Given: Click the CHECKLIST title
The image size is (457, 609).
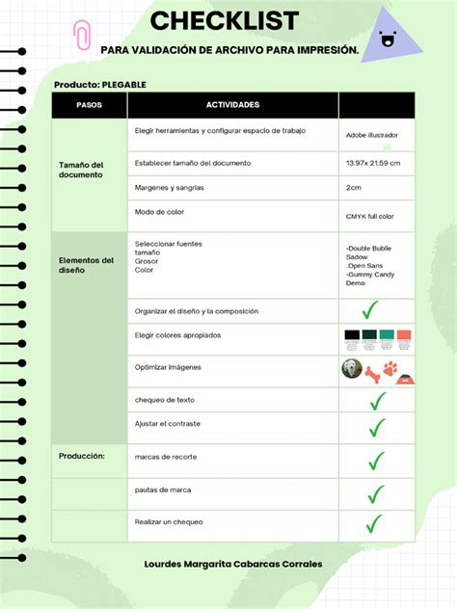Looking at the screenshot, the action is tap(224, 20).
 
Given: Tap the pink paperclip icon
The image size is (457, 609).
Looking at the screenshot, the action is tap(82, 37).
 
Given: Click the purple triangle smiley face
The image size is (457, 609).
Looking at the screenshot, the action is tap(388, 36).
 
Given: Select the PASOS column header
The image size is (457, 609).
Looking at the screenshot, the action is tap(89, 104).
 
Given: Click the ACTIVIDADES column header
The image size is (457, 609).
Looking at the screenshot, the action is tap(232, 104).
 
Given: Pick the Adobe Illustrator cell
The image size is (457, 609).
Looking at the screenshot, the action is tap(372, 135).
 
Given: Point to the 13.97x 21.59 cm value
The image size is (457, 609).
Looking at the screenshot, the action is tap(373, 163).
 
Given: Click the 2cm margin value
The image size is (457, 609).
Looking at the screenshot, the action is tap(354, 188).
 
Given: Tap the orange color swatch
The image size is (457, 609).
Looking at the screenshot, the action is tap(403, 336).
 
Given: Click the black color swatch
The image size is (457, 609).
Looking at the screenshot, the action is tap(352, 336).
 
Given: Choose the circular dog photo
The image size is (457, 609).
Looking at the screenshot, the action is tap(352, 368).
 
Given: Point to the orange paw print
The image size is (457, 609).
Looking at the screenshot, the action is tap(390, 368).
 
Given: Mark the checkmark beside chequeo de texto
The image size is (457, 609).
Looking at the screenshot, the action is tap(376, 400).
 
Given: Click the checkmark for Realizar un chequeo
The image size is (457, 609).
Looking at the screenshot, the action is tap(373, 524).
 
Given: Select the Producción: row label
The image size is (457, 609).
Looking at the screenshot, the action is tap(82, 456).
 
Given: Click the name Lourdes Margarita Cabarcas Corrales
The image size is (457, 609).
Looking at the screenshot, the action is tap(232, 565).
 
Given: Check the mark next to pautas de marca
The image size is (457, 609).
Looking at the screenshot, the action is tap(374, 494).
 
